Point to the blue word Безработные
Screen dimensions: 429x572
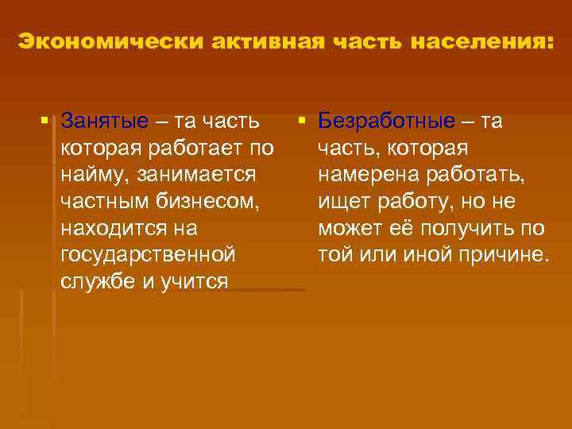point(387,122)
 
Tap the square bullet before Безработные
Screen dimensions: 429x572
point(303,122)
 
